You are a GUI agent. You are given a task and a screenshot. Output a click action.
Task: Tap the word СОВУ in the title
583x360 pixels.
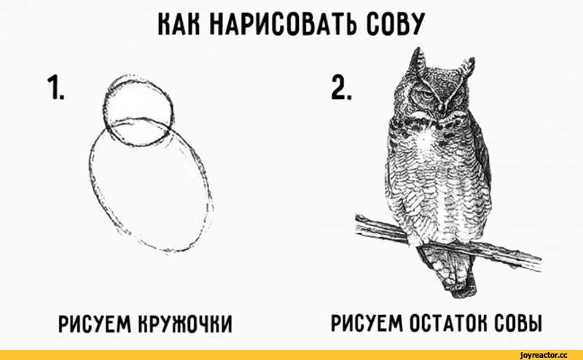[394, 24]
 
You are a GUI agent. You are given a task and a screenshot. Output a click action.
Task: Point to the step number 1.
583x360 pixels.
[55, 87]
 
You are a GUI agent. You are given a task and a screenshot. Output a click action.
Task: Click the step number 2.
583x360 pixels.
[341, 87]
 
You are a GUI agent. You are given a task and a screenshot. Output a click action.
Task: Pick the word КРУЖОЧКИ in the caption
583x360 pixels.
[185, 323]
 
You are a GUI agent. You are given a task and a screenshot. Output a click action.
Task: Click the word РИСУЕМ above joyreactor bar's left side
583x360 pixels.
[95, 323]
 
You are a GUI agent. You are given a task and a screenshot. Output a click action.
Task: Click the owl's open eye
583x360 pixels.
[426, 95]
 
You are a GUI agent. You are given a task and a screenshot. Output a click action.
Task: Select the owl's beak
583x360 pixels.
[442, 105]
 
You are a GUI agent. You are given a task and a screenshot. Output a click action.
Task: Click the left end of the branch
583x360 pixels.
[358, 224]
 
